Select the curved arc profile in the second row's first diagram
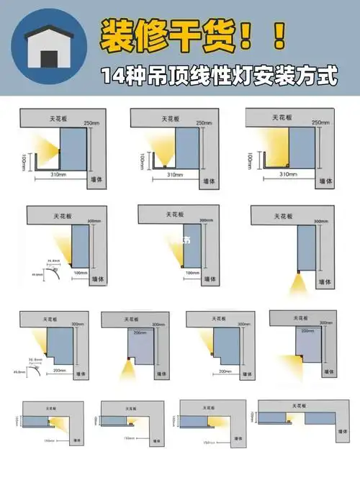point(53,273)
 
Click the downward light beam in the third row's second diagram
point(128,371)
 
